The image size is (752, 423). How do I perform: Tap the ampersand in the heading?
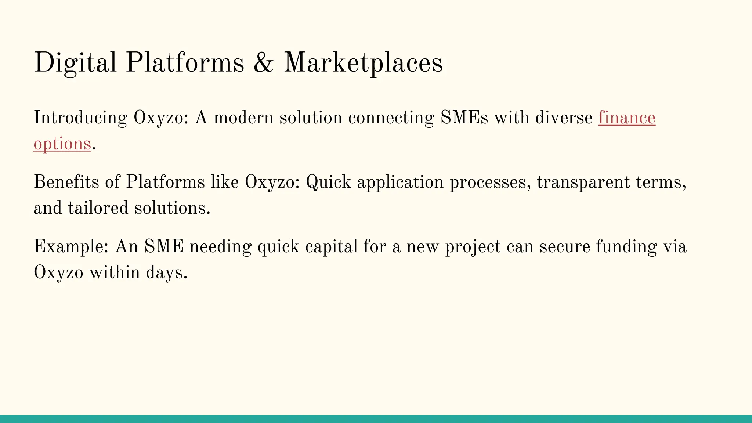tap(263, 62)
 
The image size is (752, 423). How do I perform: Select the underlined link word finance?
tap(626, 118)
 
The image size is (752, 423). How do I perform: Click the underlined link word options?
tap(62, 144)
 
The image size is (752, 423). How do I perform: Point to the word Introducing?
tap(80, 118)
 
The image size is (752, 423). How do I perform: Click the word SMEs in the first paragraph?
tap(464, 118)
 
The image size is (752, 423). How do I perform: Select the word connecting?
tap(391, 118)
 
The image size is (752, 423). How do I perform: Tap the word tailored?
tap(98, 208)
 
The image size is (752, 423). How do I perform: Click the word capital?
tap(331, 247)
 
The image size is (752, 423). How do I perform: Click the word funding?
tap(626, 247)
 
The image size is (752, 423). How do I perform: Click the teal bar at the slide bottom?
tap(376, 419)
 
